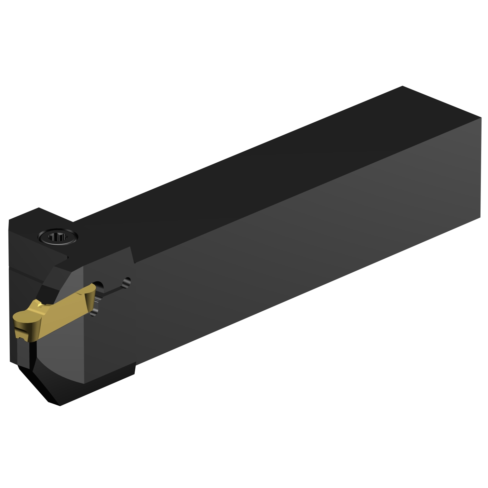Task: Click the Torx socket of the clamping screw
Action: coord(58,237)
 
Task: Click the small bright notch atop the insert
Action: coord(40,305)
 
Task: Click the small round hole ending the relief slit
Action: coord(127,281)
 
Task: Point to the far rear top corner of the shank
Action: coord(402,87)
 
